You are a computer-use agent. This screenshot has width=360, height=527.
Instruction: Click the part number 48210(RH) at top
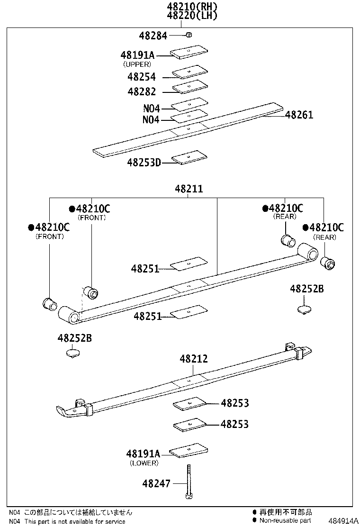192,7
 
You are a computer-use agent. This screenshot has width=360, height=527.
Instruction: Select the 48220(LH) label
192,16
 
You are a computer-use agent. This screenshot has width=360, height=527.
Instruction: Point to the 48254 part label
141,77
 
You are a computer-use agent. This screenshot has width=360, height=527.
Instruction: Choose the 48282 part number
141,91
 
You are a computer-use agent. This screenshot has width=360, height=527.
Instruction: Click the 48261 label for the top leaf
299,115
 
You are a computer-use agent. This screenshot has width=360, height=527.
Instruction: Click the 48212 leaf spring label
193,359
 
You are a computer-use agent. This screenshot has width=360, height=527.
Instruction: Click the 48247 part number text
156,483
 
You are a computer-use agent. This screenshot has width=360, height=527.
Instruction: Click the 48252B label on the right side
306,289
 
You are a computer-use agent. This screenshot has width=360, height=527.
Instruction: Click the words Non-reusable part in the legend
285,521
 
